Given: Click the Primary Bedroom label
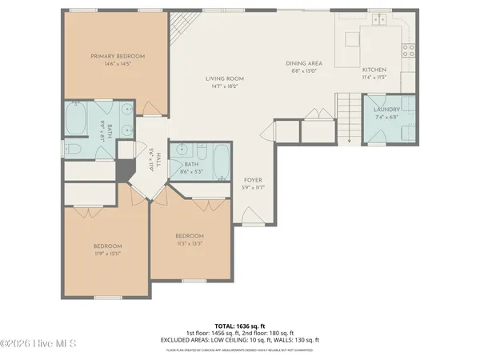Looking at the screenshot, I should [117, 56].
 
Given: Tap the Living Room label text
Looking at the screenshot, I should [224, 78].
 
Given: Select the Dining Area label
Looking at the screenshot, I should [304, 62].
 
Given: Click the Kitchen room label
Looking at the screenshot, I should [373, 70].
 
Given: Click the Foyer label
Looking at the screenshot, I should [253, 181].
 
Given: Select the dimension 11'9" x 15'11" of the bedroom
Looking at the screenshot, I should [106, 254].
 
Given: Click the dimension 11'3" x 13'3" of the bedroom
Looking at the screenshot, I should [190, 244].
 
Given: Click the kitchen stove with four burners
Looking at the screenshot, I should [409, 50].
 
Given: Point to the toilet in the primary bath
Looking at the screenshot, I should [71, 149].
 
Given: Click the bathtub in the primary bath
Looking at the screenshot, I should [76, 121].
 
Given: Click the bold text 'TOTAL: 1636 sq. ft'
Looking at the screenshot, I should [239, 326].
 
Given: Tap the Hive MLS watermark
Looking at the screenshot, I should [38, 345].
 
